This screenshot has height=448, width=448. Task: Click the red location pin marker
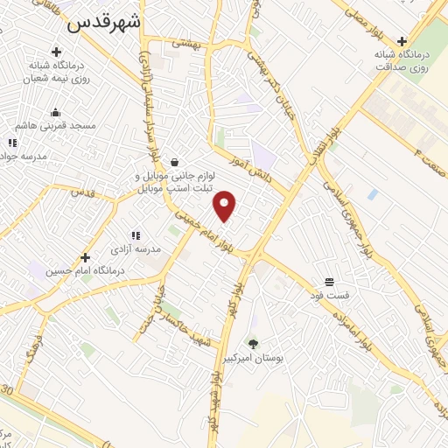click(226, 206)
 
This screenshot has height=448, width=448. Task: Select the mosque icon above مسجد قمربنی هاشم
click(56, 112)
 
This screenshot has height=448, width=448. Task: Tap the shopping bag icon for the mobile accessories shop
click(175, 162)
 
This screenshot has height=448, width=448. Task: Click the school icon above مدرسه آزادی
click(135, 235)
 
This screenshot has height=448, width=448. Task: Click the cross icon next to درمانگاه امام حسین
click(86, 257)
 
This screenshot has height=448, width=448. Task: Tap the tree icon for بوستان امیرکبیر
click(254, 343)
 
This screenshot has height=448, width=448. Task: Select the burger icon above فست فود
click(329, 282)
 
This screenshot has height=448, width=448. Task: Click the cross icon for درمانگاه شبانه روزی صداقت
click(402, 40)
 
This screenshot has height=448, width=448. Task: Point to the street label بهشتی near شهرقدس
click(186, 42)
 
